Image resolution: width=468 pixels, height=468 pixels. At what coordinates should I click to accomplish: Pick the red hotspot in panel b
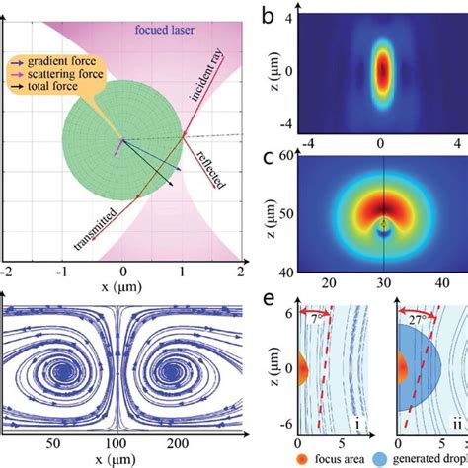pos(381,72)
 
